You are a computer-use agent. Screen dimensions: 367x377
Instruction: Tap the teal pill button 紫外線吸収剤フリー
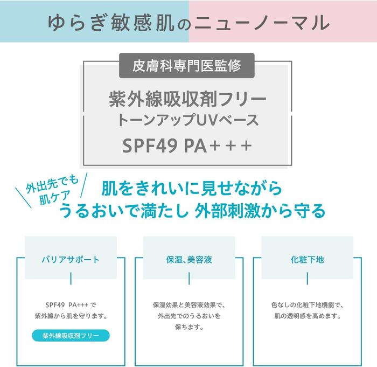71,336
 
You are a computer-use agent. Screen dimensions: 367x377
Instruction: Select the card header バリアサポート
71,259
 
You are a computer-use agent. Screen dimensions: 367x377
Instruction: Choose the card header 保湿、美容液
189,259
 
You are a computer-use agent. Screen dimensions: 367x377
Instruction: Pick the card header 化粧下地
306,259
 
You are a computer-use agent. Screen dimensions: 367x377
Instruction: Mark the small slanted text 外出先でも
52,186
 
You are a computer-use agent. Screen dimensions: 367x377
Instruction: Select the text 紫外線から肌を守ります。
71,316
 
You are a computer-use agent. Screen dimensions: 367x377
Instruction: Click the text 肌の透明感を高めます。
306,316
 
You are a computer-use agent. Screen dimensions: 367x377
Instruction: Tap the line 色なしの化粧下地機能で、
306,304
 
